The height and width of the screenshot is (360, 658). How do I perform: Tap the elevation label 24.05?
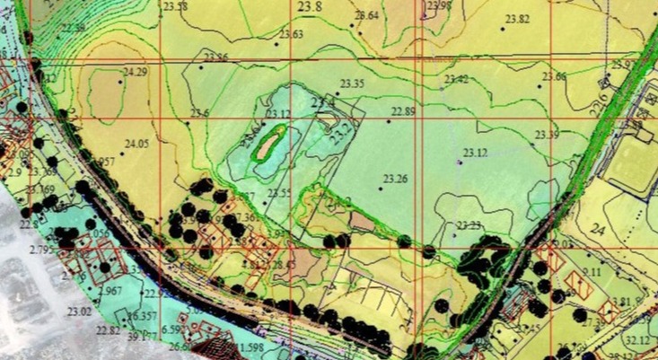tap(136, 144)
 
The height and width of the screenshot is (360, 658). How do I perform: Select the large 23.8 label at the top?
tap(309, 6)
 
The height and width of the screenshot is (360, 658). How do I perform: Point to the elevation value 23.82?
tap(517, 20)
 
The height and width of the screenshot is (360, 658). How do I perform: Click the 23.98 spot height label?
tap(441, 6)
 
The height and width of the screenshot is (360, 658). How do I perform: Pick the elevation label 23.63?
tap(292, 35)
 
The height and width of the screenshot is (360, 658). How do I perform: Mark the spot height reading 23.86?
tap(215, 57)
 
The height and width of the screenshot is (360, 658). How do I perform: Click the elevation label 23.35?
tap(352, 83)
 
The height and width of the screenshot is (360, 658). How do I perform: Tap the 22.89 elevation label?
tap(403, 111)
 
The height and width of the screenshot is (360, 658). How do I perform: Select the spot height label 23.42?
tap(456, 79)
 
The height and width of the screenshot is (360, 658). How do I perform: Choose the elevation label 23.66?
tap(554, 77)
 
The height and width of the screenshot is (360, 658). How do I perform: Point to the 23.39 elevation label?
tap(547, 135)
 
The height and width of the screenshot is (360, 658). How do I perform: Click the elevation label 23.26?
tap(395, 179)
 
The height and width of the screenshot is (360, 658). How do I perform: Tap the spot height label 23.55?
tap(279, 193)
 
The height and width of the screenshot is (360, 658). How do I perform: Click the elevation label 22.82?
tap(108, 330)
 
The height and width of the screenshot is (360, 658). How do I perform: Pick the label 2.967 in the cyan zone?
tap(111, 292)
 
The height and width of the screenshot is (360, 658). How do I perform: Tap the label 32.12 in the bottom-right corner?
tap(637, 340)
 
